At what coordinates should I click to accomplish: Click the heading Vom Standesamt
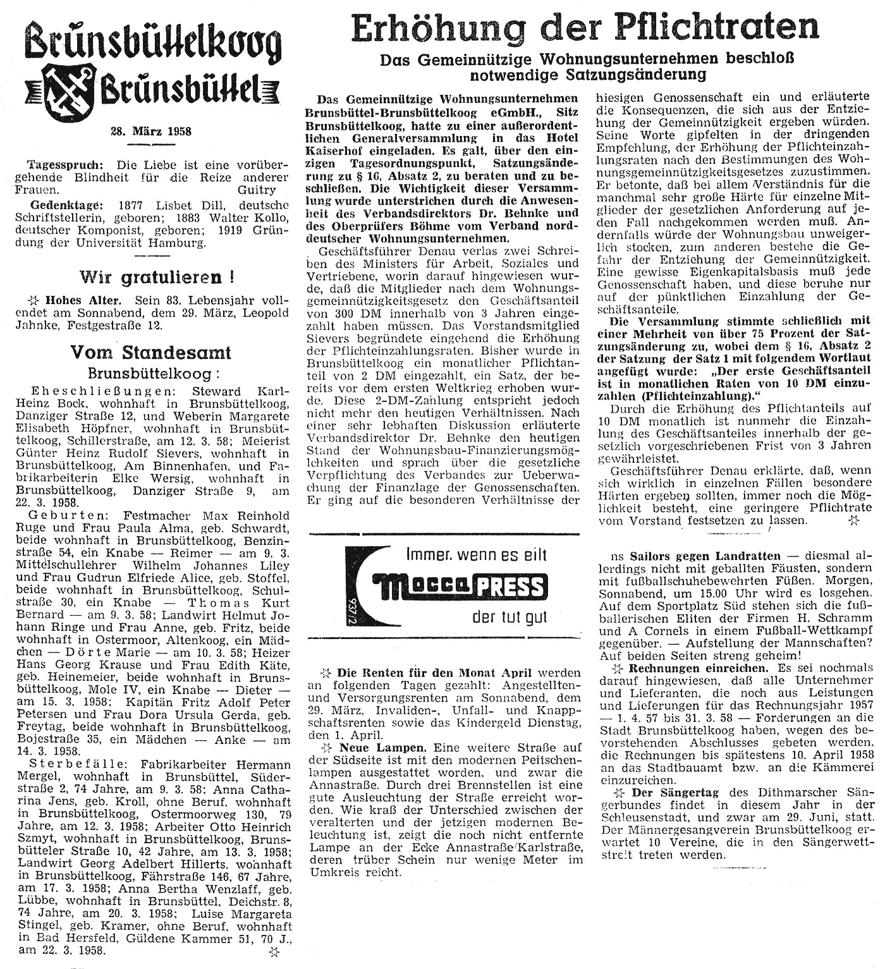click(x=150, y=352)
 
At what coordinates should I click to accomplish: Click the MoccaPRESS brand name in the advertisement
click(x=450, y=587)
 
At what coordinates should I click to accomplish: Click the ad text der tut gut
click(x=510, y=616)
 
